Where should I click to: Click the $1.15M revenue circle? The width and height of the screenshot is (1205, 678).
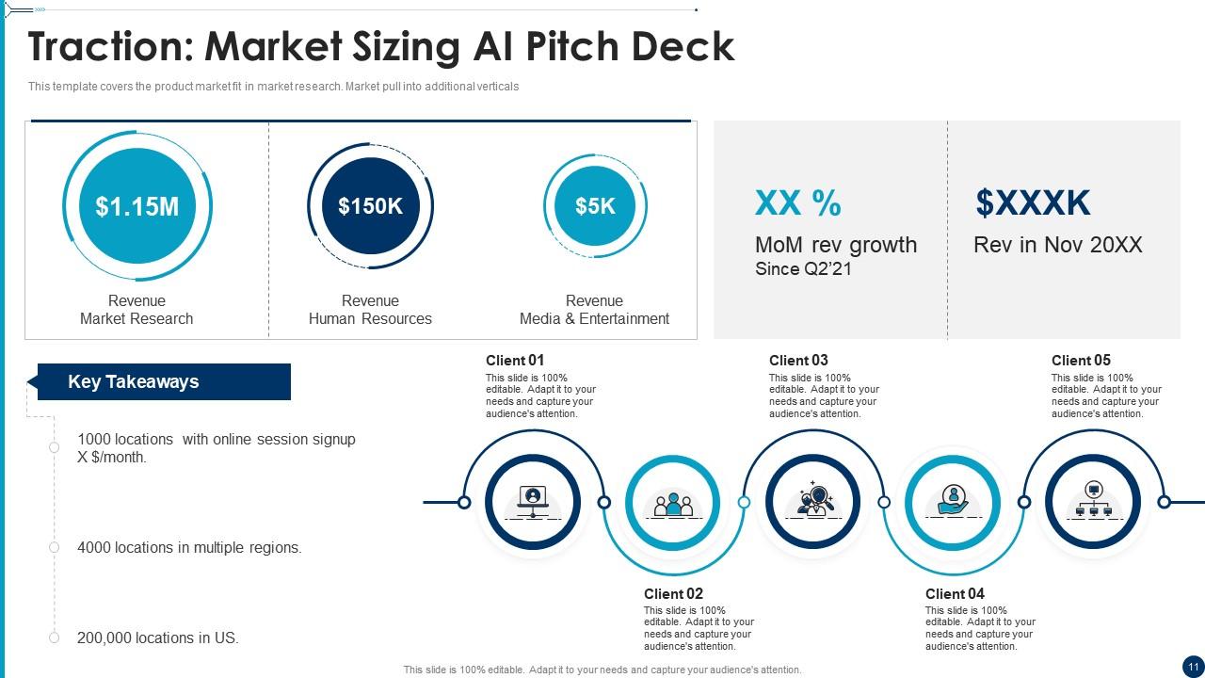click(137, 206)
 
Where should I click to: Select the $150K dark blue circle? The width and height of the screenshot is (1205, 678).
click(370, 206)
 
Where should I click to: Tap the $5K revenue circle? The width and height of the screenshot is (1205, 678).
click(595, 206)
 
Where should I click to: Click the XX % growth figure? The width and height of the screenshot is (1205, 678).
click(798, 203)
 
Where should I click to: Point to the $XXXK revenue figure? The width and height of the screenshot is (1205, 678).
click(1033, 203)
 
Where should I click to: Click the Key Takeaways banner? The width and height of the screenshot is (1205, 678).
click(164, 381)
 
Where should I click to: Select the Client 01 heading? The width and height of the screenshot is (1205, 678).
click(515, 360)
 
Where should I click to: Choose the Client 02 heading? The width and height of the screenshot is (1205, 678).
click(673, 593)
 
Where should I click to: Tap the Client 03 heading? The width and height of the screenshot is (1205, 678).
click(798, 360)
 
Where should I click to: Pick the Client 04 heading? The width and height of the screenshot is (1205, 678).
click(955, 593)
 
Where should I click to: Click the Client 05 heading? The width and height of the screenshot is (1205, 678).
click(1081, 360)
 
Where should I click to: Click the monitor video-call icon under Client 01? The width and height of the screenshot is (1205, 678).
click(533, 500)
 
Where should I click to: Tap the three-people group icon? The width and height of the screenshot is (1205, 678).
click(673, 504)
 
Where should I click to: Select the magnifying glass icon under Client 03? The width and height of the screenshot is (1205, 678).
click(814, 500)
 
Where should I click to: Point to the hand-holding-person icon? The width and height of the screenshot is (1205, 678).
click(954, 500)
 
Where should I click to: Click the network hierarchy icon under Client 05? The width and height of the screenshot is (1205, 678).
click(1093, 500)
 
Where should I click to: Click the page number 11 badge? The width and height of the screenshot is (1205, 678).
click(1192, 665)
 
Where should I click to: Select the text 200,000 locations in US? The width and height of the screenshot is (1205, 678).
click(158, 638)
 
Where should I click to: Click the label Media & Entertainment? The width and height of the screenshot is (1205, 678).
click(594, 318)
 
